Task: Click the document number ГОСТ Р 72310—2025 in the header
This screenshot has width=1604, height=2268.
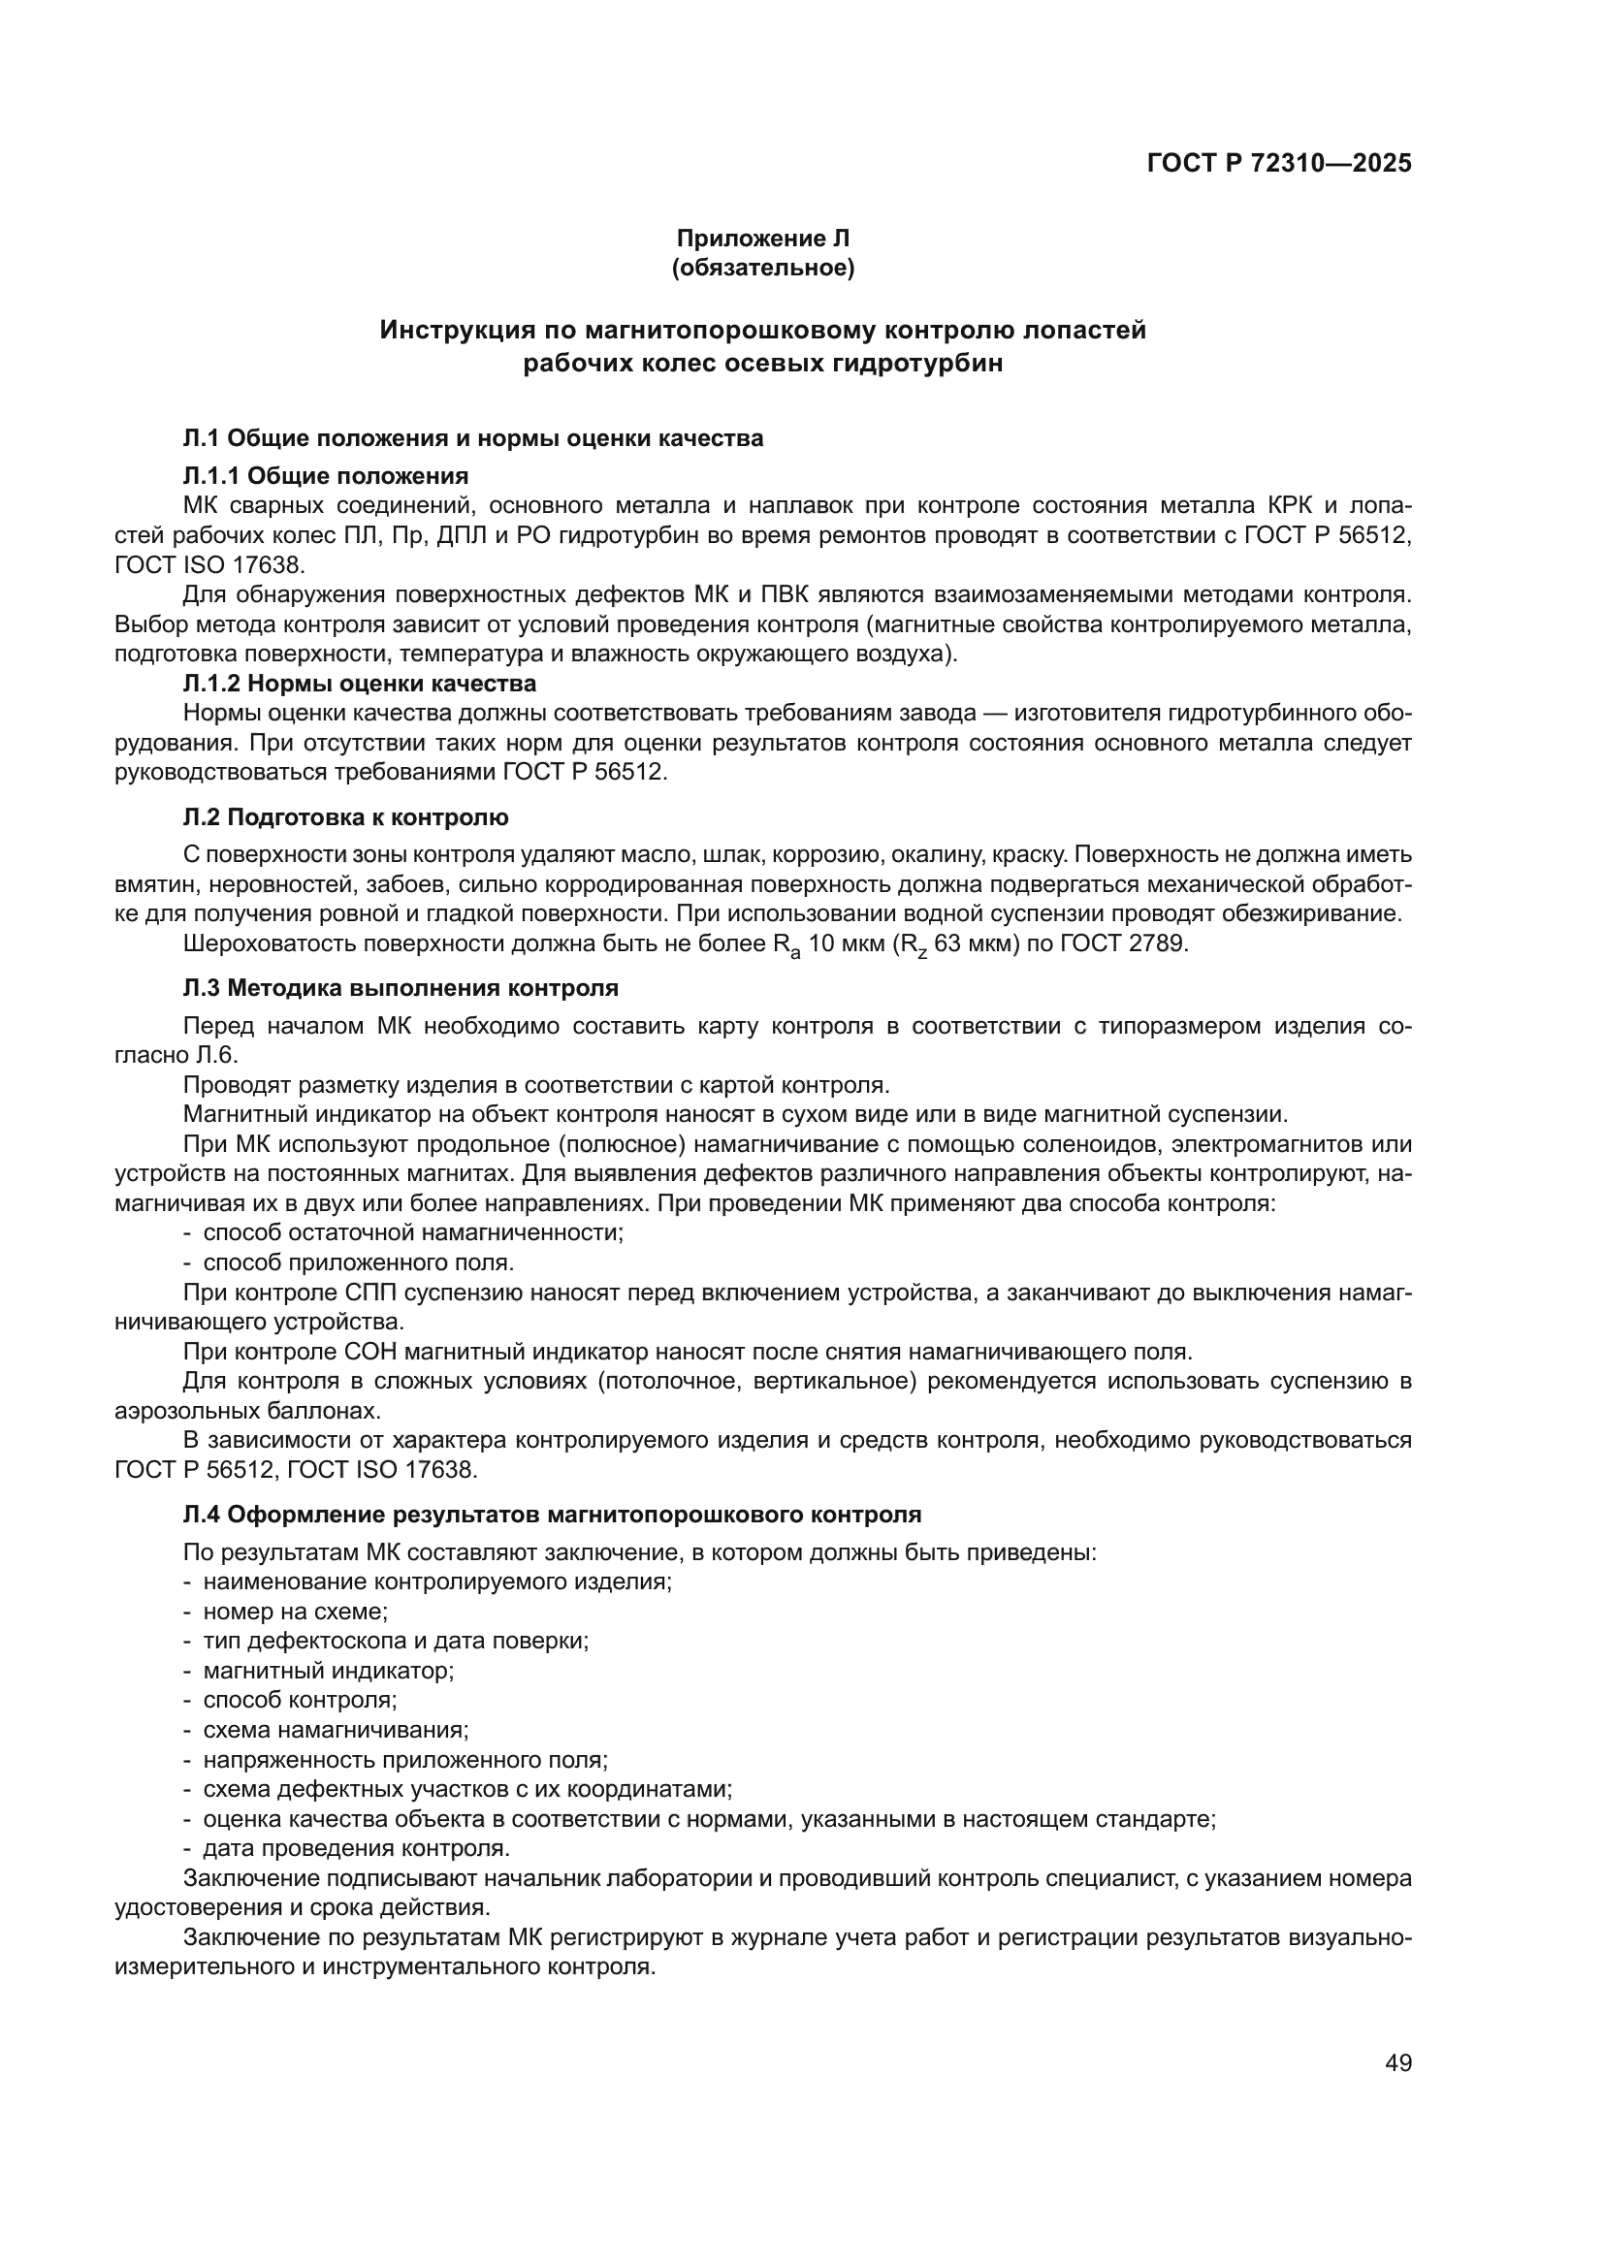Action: pyautogui.click(x=1279, y=163)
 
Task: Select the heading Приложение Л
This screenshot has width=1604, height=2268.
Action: pyautogui.click(x=762, y=239)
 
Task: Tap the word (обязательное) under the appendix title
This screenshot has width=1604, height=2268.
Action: pyautogui.click(x=762, y=268)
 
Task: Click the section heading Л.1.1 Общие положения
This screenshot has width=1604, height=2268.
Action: pyautogui.click(x=326, y=476)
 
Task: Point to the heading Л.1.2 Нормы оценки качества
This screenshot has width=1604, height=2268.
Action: pyautogui.click(x=360, y=684)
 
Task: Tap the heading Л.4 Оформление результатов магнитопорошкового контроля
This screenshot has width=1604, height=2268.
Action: pyautogui.click(x=552, y=1515)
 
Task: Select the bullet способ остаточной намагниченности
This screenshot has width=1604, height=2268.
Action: pyautogui.click(x=413, y=1232)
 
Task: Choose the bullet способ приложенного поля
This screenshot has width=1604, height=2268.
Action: pyautogui.click(x=358, y=1262)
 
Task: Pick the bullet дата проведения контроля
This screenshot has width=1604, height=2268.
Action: pyautogui.click(x=356, y=1847)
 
